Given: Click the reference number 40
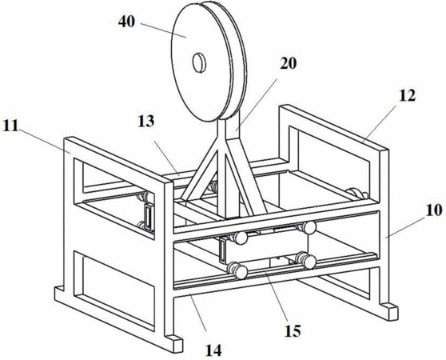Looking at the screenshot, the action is click(126, 22).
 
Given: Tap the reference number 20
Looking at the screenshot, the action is click(288, 63).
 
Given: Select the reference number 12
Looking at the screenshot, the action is click(408, 96).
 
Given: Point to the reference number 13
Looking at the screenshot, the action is click(146, 121).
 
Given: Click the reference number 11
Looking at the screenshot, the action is click(10, 126).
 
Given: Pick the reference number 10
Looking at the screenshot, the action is click(434, 210).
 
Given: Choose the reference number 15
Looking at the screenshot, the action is click(293, 330).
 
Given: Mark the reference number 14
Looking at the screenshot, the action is click(213, 350).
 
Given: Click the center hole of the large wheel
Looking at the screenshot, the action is click(199, 62).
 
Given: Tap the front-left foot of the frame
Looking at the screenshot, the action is click(173, 342).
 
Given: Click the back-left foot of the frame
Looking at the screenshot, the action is click(59, 292).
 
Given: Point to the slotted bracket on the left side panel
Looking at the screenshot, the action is click(149, 218).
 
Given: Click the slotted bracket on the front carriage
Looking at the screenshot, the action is click(222, 250).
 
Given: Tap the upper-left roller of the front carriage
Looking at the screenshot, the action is click(241, 238).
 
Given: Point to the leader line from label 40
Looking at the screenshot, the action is click(164, 30).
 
